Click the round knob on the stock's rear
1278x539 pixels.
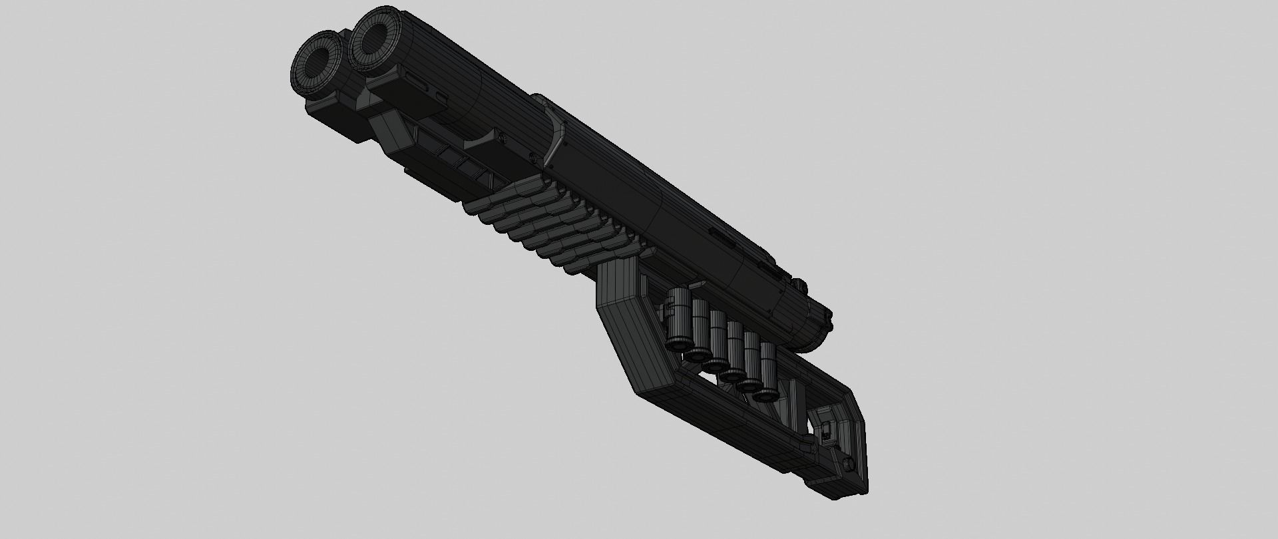pyautogui.click(x=847, y=463)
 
